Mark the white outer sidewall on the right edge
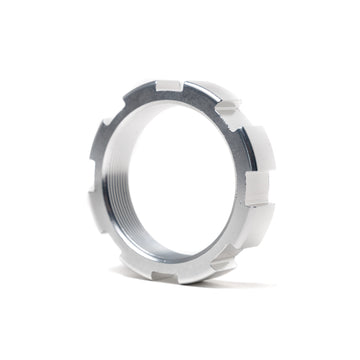268,190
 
